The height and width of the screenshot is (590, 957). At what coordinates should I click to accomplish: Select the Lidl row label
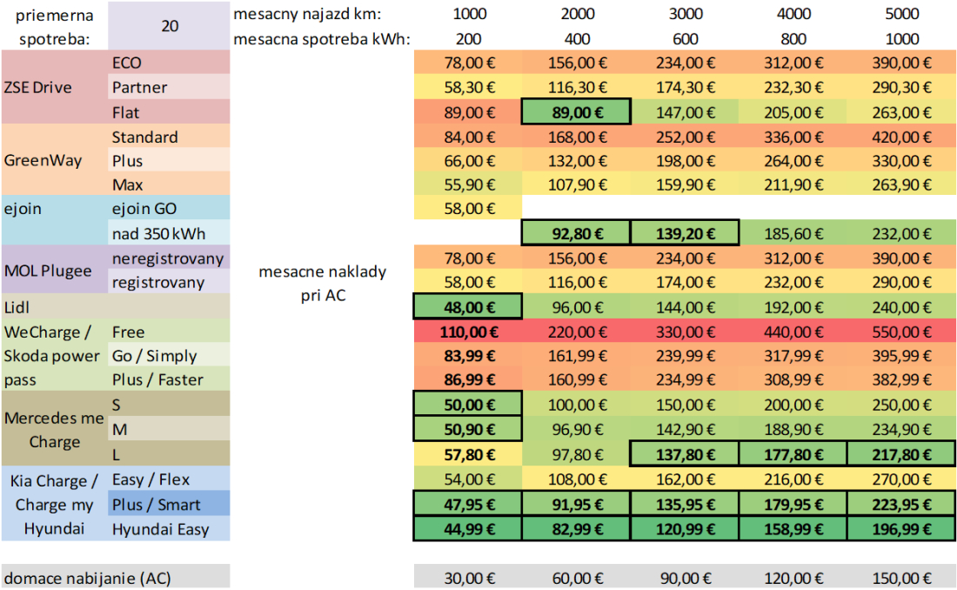pyautogui.click(x=17, y=307)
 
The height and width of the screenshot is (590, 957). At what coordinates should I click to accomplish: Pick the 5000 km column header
pyautogui.click(x=902, y=14)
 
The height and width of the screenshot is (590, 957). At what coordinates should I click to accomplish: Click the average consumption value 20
pyautogui.click(x=170, y=26)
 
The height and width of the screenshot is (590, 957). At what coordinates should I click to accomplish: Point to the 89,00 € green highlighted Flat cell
pyautogui.click(x=577, y=112)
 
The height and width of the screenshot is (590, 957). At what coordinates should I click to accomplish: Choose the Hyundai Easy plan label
pyautogui.click(x=160, y=529)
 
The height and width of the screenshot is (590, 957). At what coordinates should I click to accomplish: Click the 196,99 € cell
pyautogui.click(x=902, y=528)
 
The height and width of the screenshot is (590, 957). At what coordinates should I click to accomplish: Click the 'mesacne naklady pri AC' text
pyautogui.click(x=323, y=284)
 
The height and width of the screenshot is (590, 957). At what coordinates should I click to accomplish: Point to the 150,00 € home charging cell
pyautogui.click(x=902, y=577)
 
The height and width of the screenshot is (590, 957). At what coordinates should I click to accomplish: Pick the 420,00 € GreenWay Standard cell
pyautogui.click(x=902, y=137)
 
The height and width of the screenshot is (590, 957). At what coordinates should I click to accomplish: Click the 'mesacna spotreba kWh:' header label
pyautogui.click(x=321, y=39)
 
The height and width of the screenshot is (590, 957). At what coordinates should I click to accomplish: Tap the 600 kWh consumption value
pyautogui.click(x=685, y=39)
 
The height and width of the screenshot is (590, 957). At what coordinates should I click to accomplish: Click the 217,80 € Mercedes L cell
pyautogui.click(x=902, y=453)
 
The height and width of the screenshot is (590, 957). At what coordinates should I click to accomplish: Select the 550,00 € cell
pyautogui.click(x=902, y=332)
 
